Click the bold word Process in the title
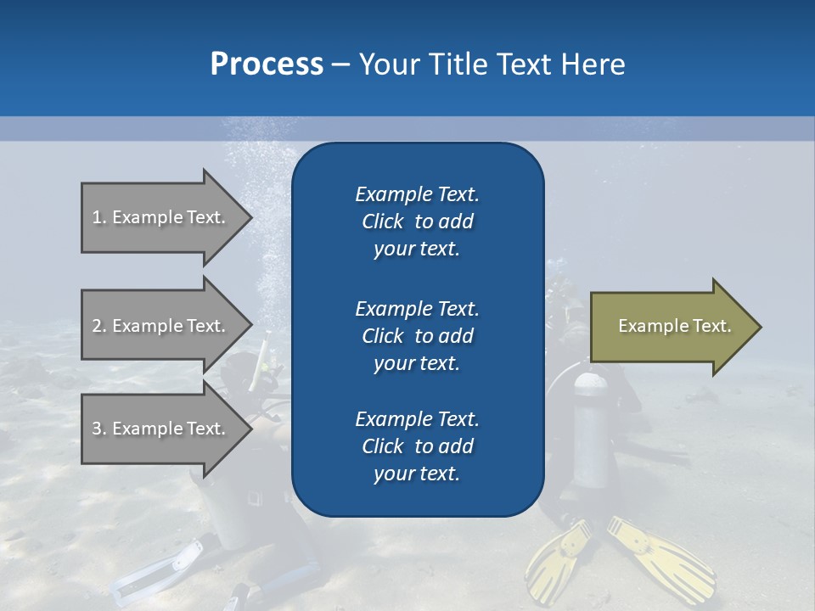(267, 64)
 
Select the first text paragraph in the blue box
(417, 221)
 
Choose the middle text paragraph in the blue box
(417, 336)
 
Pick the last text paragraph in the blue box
(417, 446)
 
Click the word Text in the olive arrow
(711, 326)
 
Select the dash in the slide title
(340, 64)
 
